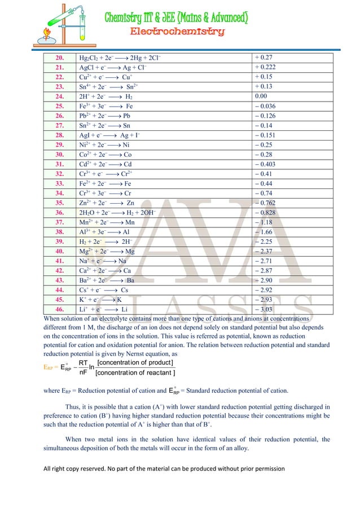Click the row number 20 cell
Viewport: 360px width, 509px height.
click(x=59, y=58)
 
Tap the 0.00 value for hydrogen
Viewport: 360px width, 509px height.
click(x=261, y=96)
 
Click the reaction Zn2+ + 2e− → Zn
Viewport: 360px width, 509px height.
click(x=107, y=203)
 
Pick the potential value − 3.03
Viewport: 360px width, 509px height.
click(x=264, y=310)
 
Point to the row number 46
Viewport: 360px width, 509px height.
click(x=59, y=310)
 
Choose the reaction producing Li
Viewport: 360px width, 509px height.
click(x=104, y=310)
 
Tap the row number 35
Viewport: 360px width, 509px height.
click(x=59, y=203)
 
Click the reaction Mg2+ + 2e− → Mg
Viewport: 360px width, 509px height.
click(x=107, y=251)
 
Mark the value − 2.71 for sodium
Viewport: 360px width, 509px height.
click(x=264, y=261)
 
